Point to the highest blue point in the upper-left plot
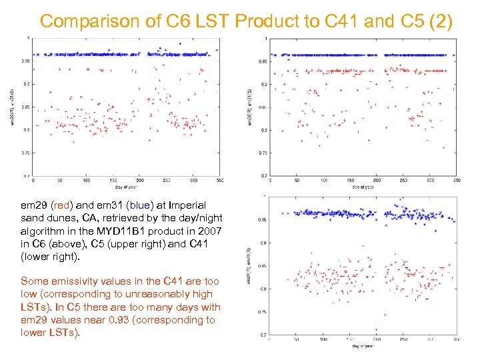(179, 43)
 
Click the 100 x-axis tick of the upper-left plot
(86, 181)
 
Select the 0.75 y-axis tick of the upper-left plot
(26, 153)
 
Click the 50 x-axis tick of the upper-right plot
(295, 181)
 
